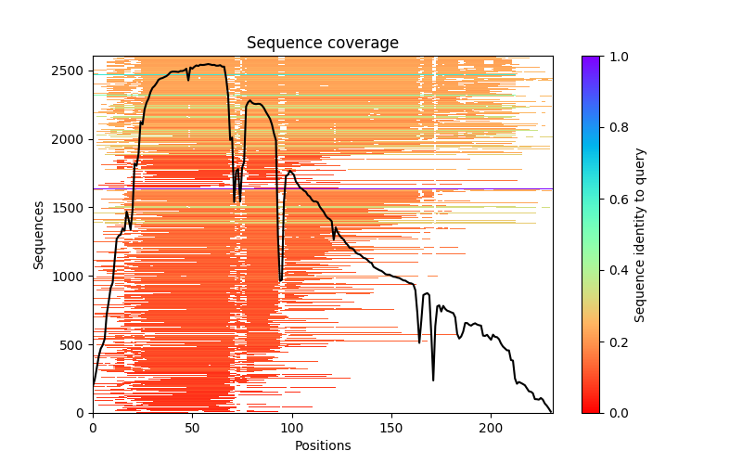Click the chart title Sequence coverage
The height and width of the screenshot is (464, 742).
[x=322, y=44]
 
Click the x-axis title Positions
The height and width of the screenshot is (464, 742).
[x=322, y=445]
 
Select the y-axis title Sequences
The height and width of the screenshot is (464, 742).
[x=39, y=234]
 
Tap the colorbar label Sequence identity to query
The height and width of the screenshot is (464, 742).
[x=640, y=234]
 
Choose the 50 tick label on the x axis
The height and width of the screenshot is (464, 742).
[x=192, y=428]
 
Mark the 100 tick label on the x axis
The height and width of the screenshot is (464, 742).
[x=291, y=428]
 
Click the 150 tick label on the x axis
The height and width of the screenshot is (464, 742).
[x=391, y=428]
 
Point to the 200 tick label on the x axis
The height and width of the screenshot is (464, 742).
[x=491, y=428]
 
